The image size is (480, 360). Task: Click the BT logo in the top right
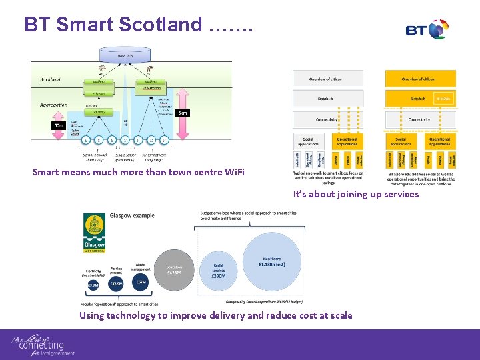coord(427,30)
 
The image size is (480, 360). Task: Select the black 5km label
coord(183,113)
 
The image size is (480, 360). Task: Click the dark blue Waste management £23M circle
coord(141,281)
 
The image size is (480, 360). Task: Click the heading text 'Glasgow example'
coord(133,215)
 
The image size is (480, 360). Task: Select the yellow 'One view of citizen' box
coord(420,79)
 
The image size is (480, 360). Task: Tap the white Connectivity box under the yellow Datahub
coord(420,119)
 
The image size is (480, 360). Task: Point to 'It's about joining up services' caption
coord(356,194)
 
